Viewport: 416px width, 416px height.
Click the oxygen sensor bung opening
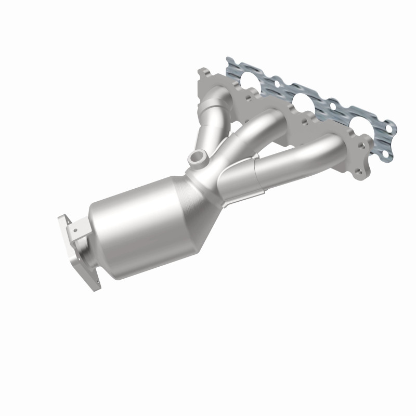coord(197,156)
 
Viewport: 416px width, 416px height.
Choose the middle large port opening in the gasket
coord(304,101)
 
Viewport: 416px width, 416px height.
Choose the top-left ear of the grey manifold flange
coord(204,73)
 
